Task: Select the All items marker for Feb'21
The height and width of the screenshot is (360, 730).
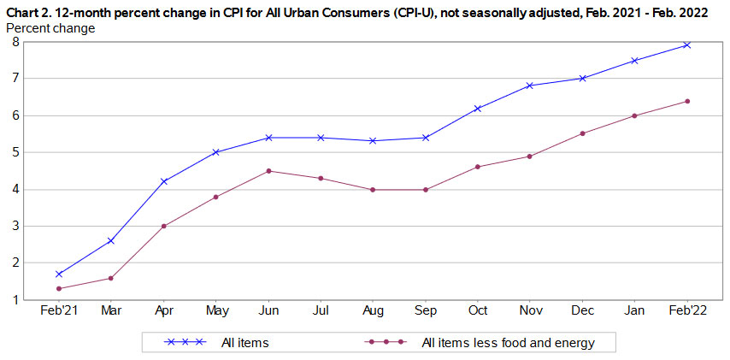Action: point(58,274)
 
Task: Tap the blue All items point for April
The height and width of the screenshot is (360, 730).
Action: point(163,181)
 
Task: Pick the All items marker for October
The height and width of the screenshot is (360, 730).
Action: point(478,109)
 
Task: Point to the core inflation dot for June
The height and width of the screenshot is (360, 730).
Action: point(268,171)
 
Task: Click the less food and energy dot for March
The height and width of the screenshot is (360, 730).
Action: point(110,278)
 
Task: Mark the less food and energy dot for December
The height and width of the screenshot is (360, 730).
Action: point(583,133)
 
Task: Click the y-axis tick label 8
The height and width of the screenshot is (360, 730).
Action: point(15,42)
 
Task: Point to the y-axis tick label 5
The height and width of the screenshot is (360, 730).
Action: point(15,152)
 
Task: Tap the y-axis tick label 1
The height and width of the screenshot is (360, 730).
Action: point(15,300)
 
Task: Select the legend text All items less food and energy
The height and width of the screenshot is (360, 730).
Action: point(508,343)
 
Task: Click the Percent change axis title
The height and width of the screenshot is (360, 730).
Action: point(50,28)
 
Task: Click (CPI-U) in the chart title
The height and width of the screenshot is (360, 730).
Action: point(382,12)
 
